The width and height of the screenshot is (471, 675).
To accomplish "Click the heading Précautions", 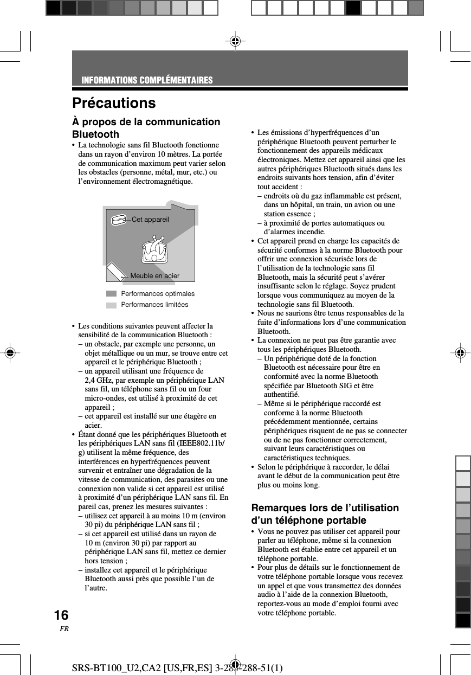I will [114, 103].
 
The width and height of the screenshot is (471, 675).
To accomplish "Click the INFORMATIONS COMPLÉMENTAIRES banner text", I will [147, 81].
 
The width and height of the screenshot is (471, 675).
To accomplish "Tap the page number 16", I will [61, 615].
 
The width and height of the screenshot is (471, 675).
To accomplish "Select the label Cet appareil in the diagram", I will [150, 220].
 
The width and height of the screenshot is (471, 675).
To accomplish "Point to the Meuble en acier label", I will [154, 276].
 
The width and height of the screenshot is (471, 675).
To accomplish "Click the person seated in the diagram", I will [155, 250].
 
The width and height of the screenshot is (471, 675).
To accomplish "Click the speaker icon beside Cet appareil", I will [119, 220].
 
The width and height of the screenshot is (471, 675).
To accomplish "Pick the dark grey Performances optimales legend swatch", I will [111, 294].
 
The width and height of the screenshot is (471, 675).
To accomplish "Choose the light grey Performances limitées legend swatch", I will [111, 305].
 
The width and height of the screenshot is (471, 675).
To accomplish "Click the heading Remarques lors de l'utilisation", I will [325, 508].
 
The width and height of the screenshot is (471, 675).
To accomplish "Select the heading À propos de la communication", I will [146, 122].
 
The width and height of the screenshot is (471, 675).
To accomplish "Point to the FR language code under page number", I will [64, 629].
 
